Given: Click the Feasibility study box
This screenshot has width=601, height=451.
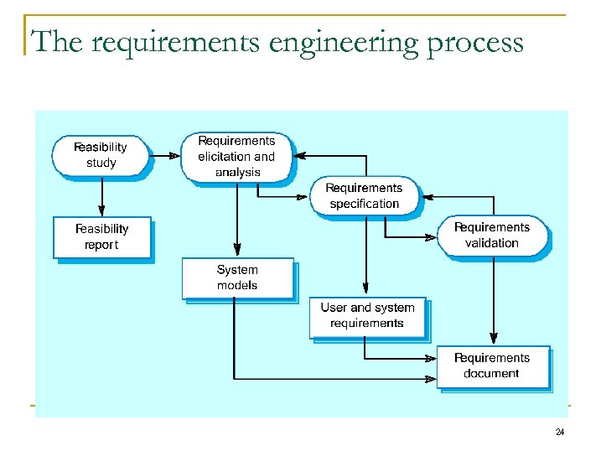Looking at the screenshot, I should [x=101, y=155].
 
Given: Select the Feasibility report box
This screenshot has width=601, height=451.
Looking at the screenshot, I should [x=102, y=237].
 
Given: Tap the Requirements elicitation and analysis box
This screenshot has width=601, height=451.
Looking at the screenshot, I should [x=237, y=157].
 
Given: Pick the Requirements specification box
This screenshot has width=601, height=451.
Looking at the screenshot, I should [x=365, y=196].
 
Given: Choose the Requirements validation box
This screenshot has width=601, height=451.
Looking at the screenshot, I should [x=492, y=236].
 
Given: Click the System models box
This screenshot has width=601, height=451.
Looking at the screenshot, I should [x=237, y=277].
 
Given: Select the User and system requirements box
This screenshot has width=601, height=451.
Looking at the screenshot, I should [x=367, y=316].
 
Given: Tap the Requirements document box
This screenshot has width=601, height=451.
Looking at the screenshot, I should [x=492, y=365].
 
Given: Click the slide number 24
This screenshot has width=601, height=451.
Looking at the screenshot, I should [x=559, y=433].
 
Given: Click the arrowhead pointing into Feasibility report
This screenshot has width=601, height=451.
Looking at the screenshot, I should [x=101, y=211].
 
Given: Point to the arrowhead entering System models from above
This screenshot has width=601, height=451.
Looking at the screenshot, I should [x=237, y=251].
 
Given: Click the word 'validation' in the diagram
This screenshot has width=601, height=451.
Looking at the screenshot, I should [x=492, y=243].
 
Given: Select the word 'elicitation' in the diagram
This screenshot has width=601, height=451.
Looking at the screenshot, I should [x=224, y=157].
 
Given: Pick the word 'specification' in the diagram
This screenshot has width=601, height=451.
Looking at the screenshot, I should [x=365, y=204].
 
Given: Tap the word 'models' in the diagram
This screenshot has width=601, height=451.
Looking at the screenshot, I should [x=237, y=286].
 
